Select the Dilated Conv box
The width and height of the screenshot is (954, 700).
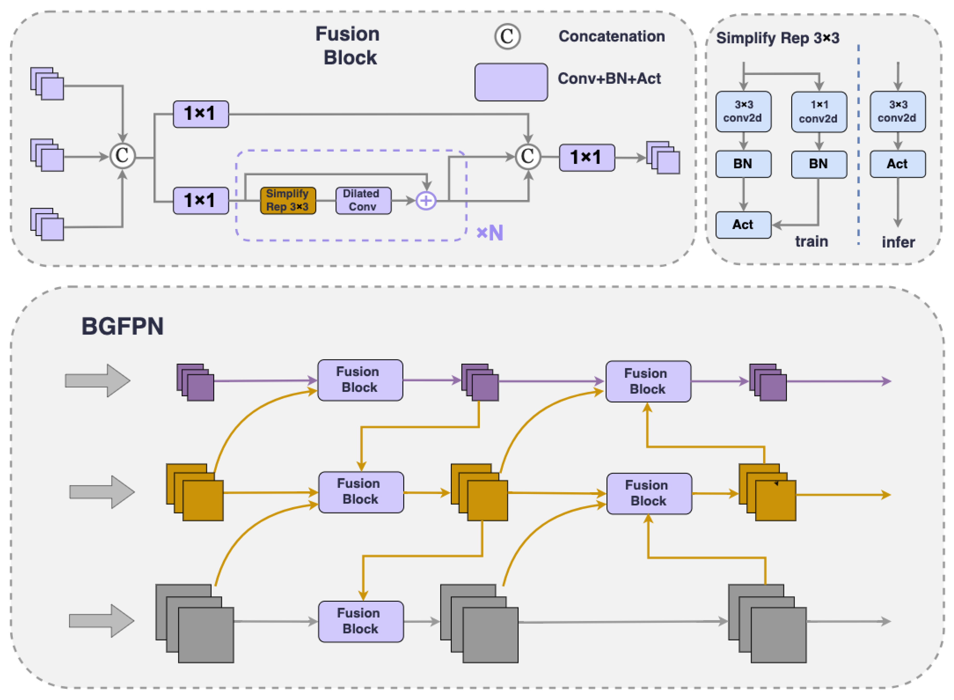(x=363, y=200)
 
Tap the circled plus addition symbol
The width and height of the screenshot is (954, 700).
(x=426, y=200)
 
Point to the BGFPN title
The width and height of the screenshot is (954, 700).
(x=122, y=326)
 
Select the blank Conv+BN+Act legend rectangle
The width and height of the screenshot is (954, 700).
(x=511, y=82)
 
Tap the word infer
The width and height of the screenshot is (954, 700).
(x=898, y=242)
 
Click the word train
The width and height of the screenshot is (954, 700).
(x=811, y=241)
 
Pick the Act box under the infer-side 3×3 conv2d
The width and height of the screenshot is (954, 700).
(x=897, y=164)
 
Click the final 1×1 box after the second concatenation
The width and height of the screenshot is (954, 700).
(x=586, y=158)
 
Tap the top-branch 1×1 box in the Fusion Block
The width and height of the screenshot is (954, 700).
(x=201, y=114)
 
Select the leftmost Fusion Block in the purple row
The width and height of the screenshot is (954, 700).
(x=360, y=380)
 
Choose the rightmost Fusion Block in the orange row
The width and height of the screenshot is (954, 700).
(x=649, y=493)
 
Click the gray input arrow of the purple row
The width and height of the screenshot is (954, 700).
(x=97, y=380)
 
